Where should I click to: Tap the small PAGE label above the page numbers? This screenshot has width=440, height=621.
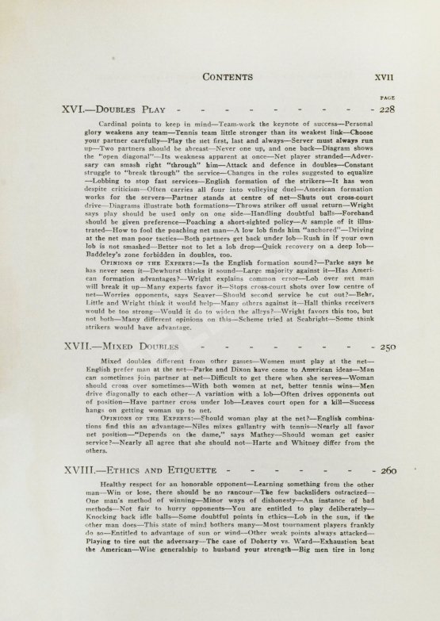pyautogui.click(x=388, y=98)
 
